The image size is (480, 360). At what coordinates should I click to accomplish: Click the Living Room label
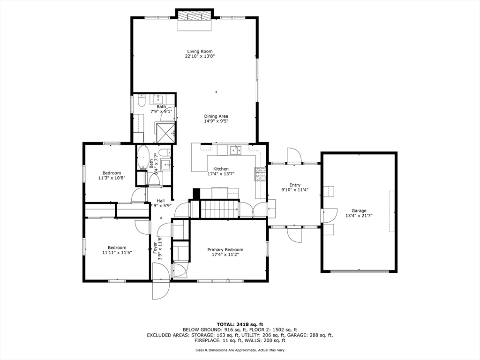[200, 51]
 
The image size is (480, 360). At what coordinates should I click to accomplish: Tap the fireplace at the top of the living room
[194, 16]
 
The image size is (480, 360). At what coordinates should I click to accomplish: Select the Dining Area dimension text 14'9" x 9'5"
[216, 121]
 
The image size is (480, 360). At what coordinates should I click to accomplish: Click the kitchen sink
[235, 150]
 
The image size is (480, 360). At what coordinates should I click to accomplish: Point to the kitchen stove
[260, 174]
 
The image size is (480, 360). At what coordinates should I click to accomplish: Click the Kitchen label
[221, 169]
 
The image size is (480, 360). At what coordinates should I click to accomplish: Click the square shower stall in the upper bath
[165, 132]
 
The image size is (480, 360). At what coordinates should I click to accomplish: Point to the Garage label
[359, 210]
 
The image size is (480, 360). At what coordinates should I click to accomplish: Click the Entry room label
[295, 185]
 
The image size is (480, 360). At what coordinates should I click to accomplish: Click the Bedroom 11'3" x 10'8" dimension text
[112, 178]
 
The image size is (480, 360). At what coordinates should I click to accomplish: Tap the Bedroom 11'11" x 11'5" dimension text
[117, 253]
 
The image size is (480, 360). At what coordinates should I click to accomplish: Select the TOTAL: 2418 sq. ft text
[240, 324]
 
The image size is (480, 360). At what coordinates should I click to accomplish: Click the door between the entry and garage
[329, 215]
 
